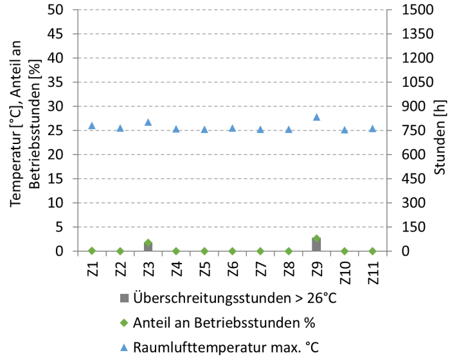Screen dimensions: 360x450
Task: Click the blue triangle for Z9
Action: click(x=316, y=117)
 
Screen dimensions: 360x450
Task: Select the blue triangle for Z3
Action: click(x=148, y=122)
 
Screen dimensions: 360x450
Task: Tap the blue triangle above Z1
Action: click(x=92, y=125)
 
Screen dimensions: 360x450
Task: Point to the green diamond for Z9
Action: click(x=316, y=239)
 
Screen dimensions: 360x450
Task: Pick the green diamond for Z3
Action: click(x=148, y=243)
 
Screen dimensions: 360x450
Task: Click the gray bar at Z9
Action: click(x=316, y=245)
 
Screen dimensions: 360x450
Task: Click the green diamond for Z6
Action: click(x=232, y=251)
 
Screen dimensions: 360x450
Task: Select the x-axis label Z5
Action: click(x=204, y=267)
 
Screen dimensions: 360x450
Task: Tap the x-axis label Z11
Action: click(x=373, y=270)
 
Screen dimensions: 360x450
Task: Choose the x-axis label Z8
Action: click(x=289, y=267)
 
